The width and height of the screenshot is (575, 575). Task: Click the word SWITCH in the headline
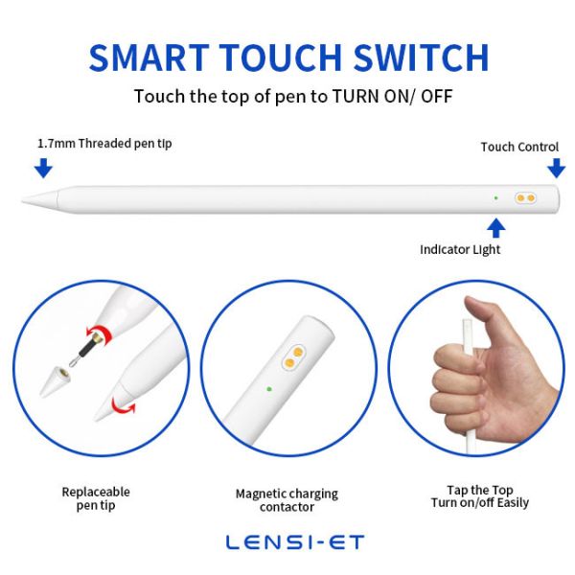(421, 57)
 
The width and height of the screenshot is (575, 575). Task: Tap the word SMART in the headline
(149, 57)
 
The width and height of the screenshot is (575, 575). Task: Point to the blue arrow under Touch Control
(556, 168)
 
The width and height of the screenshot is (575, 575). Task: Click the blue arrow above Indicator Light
(495, 228)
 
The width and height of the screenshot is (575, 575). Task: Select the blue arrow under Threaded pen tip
(43, 168)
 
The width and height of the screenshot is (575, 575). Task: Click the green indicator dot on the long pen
(495, 198)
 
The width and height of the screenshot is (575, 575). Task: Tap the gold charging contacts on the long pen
(525, 198)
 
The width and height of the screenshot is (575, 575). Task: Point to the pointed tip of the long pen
(22, 200)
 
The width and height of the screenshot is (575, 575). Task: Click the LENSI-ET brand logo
(295, 542)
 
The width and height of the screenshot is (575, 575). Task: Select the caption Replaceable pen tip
(96, 498)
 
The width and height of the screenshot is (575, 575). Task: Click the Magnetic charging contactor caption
(287, 500)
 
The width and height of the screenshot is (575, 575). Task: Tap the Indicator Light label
(460, 250)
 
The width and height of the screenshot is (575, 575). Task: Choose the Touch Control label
(519, 147)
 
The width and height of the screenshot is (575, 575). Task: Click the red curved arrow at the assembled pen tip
(124, 406)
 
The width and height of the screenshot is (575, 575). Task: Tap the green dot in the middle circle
(269, 389)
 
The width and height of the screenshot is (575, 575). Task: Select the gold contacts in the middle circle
(294, 357)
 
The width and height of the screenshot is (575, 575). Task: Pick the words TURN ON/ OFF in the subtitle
(392, 97)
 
